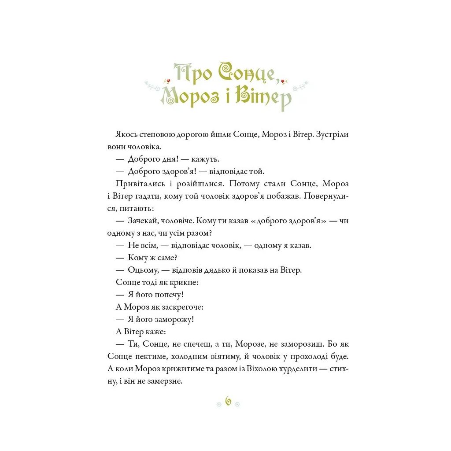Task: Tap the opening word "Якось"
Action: [x=127, y=134]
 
